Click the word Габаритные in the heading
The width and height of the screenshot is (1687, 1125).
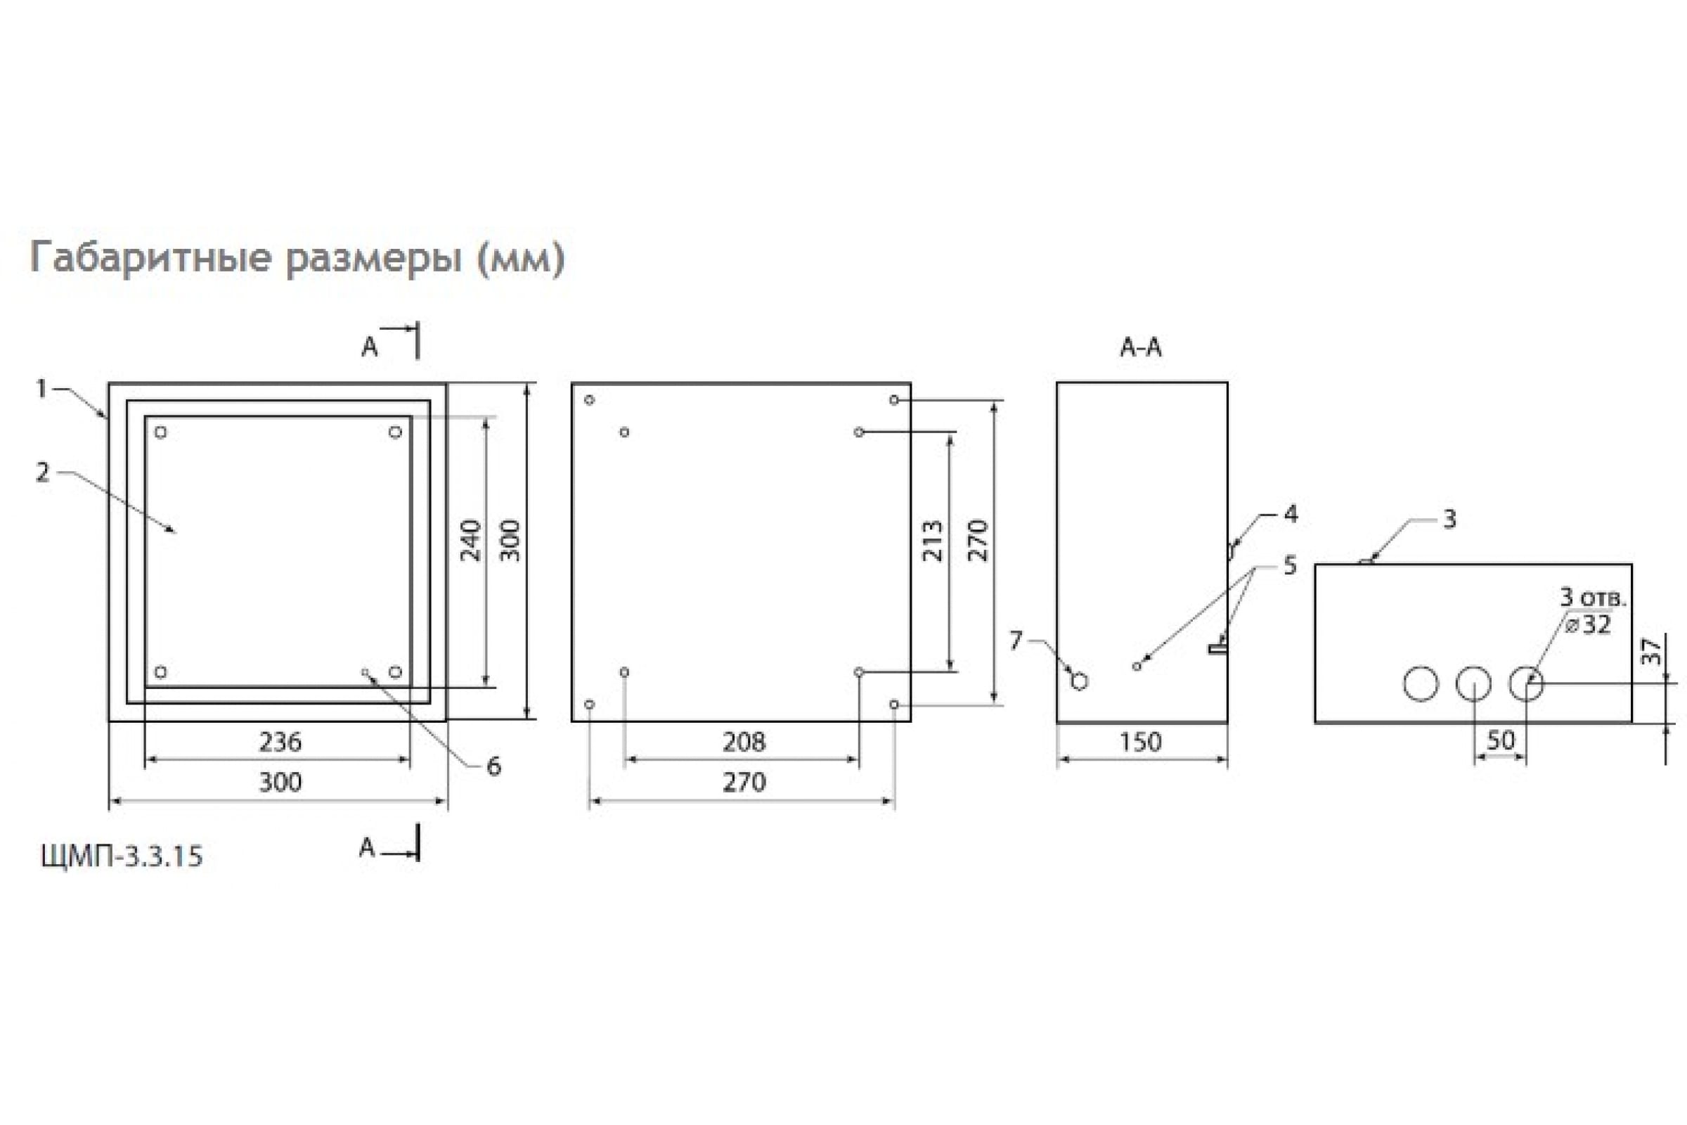coord(151,257)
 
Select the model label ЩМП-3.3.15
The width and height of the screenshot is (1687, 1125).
coord(122,856)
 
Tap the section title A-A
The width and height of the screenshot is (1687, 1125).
coord(1140,348)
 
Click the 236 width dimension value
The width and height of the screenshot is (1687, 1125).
coord(280,742)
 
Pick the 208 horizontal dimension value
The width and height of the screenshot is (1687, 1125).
coord(744,742)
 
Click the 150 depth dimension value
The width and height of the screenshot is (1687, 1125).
coord(1140,742)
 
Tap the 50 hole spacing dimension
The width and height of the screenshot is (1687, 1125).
coord(1501,740)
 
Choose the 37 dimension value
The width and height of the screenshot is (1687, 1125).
coord(1652,651)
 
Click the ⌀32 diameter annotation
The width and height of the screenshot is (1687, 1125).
coord(1588,625)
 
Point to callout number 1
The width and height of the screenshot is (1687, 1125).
coord(41,389)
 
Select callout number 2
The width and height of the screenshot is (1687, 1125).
coord(43,472)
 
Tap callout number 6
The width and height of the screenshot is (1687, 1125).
coord(493,767)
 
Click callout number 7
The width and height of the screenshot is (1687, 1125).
coord(1016,640)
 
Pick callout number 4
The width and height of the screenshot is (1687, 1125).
coord(1291,514)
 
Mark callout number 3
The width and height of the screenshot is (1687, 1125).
coord(1449,519)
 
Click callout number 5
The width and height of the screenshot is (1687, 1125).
coord(1291,565)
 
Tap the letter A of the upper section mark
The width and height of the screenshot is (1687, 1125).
coord(368,347)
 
